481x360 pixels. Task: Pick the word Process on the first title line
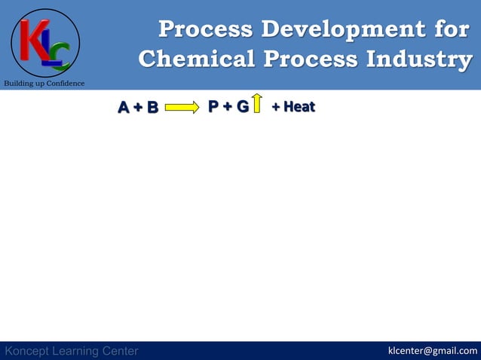coord(205,29)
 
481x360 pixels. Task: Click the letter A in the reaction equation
coord(124,108)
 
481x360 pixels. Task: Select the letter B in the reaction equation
coord(152,108)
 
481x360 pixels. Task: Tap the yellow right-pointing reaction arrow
coord(182,108)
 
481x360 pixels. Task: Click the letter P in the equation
coord(214,107)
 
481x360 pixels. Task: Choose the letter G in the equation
coord(242,107)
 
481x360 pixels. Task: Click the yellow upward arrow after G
coord(257,103)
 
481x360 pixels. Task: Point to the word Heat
coord(299,107)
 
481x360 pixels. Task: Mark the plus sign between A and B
coord(138,108)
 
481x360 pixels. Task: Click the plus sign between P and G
coord(228,107)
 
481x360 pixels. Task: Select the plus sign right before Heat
coord(276,107)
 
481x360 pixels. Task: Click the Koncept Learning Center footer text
coord(72,351)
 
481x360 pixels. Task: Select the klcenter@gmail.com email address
coord(432,350)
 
